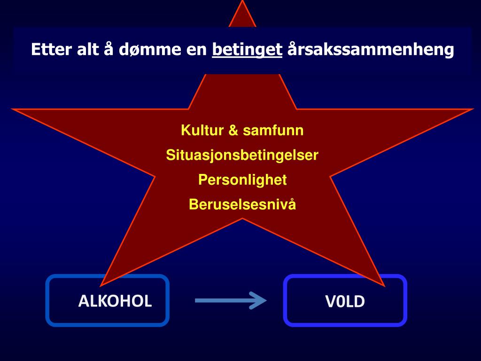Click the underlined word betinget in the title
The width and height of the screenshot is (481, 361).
pos(247,49)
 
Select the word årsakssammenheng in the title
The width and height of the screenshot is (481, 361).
pos(371,49)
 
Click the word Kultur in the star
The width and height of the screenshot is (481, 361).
pos(202,130)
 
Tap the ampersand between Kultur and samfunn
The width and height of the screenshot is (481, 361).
pos(233,130)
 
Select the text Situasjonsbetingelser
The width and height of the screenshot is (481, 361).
pos(242,155)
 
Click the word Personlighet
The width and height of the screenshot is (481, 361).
pos(242,180)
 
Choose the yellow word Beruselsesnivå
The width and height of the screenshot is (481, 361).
pos(242,204)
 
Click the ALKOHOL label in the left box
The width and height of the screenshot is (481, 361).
pos(115,301)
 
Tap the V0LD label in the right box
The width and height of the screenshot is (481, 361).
pos(345,301)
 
